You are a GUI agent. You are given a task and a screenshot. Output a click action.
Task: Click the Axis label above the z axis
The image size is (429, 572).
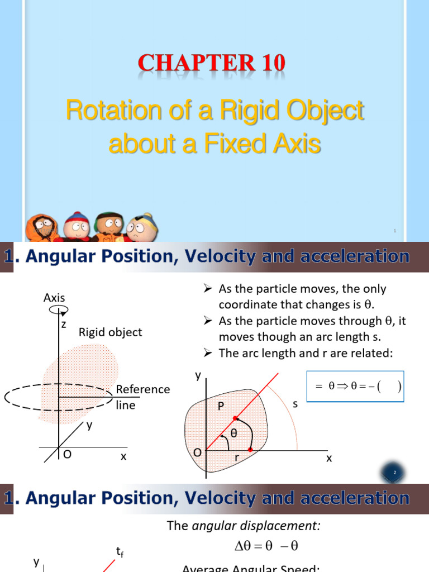point(54,298)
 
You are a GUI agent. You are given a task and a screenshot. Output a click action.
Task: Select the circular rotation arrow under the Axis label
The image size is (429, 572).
point(58,310)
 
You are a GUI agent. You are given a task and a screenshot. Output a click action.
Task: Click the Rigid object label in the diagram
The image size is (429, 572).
point(110,332)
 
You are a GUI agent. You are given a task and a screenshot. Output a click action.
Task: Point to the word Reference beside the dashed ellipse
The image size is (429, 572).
point(143,389)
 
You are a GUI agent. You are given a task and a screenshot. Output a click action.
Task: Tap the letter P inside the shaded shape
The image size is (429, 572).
point(221,407)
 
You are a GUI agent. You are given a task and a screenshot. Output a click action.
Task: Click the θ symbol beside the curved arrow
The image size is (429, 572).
point(234,432)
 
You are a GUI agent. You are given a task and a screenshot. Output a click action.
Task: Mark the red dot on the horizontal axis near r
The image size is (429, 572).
point(251,450)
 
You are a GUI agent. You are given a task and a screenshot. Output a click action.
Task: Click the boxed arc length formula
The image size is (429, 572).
point(355,387)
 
